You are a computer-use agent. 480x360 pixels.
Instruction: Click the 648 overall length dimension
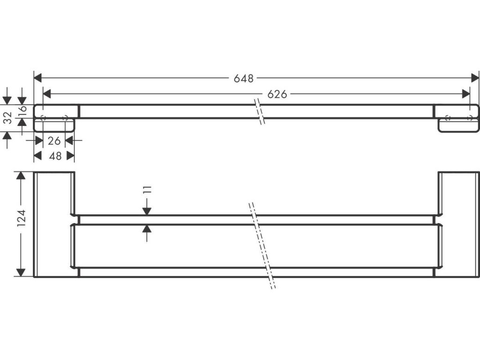(244, 78)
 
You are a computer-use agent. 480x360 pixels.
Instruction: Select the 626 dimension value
(277, 94)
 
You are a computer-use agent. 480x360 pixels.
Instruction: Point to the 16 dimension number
(22, 111)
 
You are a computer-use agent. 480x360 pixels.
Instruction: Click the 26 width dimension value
(54, 140)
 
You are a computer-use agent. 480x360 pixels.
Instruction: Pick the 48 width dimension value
(55, 156)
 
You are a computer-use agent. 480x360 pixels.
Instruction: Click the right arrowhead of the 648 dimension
(475, 78)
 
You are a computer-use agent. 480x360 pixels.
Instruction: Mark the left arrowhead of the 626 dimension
(47, 94)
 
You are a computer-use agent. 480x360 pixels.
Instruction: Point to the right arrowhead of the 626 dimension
(466, 94)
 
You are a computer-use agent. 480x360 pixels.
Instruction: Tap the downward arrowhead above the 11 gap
(147, 210)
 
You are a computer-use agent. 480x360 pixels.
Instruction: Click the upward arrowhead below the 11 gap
(147, 229)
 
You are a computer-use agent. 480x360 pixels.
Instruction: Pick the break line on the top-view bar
(259, 111)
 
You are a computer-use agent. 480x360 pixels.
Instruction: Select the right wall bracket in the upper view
(457, 117)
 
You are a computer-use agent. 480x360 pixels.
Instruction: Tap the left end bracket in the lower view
(54, 224)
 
